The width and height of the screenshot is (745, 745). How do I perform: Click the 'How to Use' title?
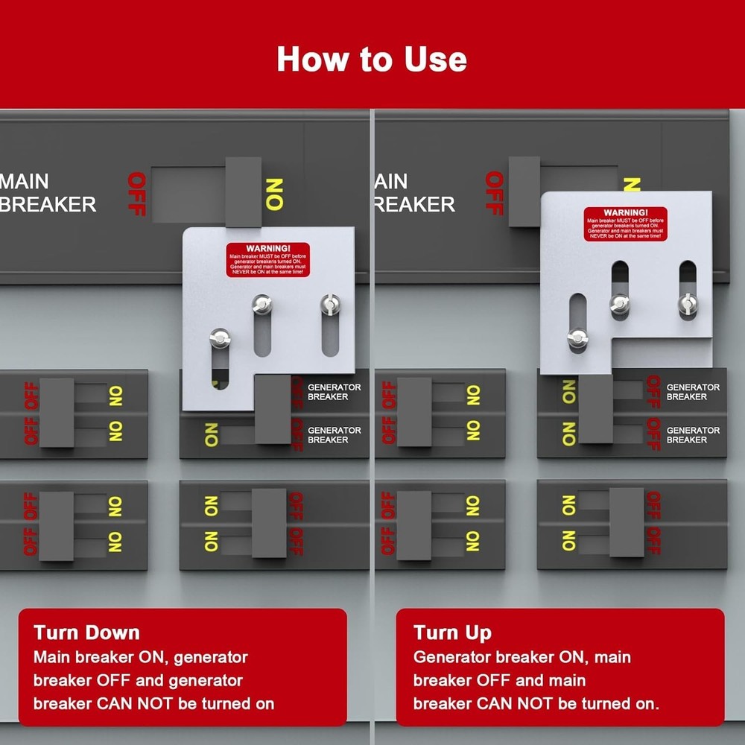[372, 59]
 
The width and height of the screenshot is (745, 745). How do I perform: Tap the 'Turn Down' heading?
[86, 633]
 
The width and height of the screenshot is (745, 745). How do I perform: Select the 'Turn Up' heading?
[452, 633]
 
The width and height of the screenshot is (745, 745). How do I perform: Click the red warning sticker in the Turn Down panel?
[267, 259]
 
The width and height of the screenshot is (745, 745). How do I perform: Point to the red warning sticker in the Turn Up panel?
[625, 223]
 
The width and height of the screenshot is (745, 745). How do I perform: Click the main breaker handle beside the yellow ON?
[243, 191]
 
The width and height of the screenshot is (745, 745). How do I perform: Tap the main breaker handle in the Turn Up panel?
[524, 191]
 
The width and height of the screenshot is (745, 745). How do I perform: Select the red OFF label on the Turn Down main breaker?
[136, 194]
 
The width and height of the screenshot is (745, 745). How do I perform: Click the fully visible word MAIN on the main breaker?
[25, 181]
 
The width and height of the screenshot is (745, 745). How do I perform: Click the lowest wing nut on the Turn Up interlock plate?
[577, 337]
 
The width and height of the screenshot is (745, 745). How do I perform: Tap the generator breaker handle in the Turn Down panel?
[273, 410]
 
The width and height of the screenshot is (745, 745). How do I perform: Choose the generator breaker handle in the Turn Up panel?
[595, 410]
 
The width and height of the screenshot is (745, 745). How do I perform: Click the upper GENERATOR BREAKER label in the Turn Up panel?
[693, 392]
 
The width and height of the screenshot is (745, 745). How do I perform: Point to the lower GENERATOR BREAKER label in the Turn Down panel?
[335, 435]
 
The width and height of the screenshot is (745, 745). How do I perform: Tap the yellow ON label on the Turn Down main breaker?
[274, 194]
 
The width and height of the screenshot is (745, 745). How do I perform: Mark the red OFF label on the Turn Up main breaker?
[495, 192]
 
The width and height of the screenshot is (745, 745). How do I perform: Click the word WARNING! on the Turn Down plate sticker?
[267, 248]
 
